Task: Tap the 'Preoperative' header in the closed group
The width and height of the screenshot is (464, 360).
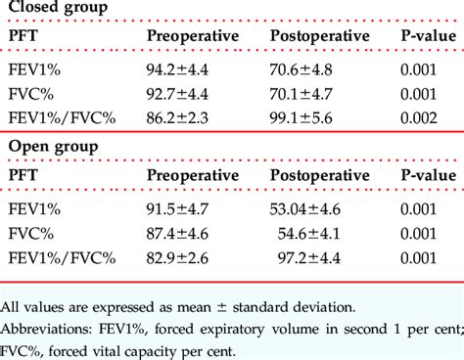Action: pos(193,36)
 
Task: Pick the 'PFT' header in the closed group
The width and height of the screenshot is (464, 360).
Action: pos(23,36)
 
